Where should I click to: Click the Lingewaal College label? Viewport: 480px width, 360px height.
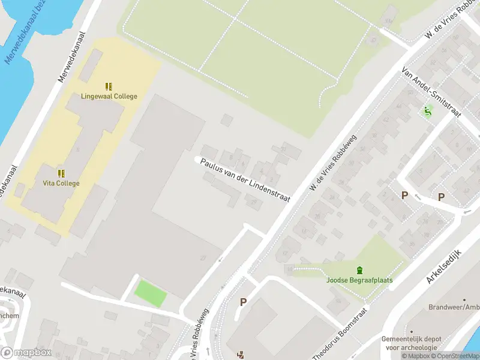click(109, 96)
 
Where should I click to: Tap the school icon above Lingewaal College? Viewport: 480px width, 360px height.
click(109, 86)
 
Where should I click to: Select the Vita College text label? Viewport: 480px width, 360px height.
click(61, 183)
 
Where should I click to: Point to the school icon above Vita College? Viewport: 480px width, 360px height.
click(61, 173)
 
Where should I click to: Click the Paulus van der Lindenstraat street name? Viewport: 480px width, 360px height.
click(245, 181)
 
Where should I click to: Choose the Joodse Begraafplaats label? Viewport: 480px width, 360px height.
click(359, 280)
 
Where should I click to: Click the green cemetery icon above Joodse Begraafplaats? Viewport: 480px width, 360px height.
click(359, 270)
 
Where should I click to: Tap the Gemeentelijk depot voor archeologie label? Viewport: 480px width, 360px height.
click(412, 343)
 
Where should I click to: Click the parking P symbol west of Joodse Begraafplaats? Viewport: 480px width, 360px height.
click(243, 302)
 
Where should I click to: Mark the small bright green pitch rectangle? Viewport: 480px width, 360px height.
click(150, 293)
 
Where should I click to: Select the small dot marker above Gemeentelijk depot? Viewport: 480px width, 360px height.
click(412, 331)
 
